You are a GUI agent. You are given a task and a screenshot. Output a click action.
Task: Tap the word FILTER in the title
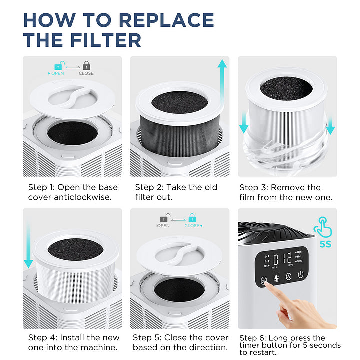pos(99,39)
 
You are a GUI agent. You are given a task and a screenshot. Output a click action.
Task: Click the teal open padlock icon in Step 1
pos(58,65)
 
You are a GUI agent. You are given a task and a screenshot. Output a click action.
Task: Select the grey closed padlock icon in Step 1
pos(86,65)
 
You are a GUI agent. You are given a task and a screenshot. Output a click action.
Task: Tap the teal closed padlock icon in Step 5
pos(192,218)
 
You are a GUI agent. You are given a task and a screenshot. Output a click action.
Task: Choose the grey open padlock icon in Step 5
pos(163,218)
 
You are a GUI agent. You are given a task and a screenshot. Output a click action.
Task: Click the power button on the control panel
pos(300,275)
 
